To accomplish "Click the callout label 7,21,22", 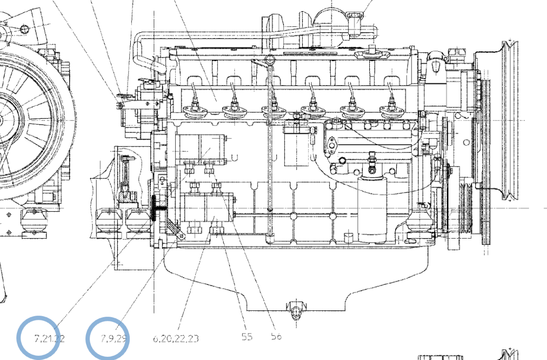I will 49,338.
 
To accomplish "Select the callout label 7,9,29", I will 114,338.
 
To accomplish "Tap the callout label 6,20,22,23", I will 176,338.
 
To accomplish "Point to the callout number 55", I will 247,337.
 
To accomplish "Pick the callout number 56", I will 276,336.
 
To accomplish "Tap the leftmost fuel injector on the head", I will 193,108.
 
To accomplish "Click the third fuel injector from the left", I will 273,109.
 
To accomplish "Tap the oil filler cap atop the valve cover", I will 369,55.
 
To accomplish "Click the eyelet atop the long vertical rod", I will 269,59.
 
